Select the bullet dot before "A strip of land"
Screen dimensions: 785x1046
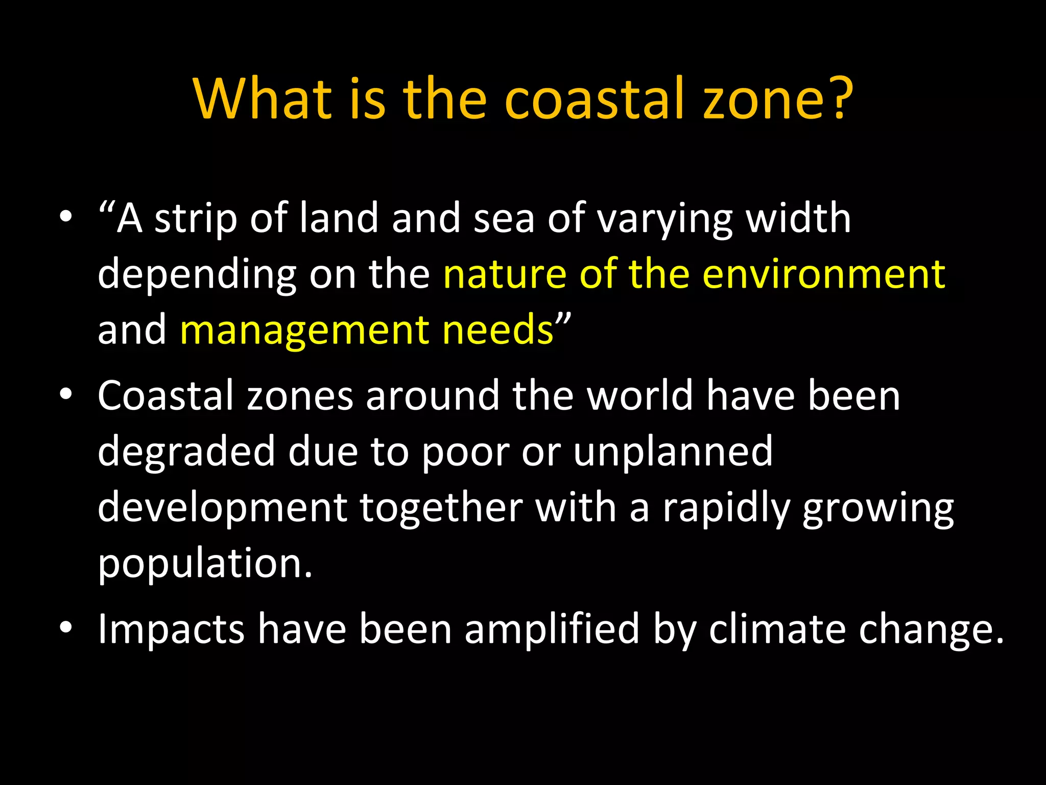point(65,217)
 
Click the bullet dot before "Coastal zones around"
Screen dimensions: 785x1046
point(65,395)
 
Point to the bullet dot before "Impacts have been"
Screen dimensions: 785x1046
point(65,629)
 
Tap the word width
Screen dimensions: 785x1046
point(798,218)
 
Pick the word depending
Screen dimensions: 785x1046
point(197,275)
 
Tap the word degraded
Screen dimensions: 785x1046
point(186,451)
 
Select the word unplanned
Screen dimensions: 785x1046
point(673,451)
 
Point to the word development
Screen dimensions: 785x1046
point(222,508)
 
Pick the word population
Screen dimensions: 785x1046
point(204,563)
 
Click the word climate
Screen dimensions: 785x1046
point(777,629)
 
